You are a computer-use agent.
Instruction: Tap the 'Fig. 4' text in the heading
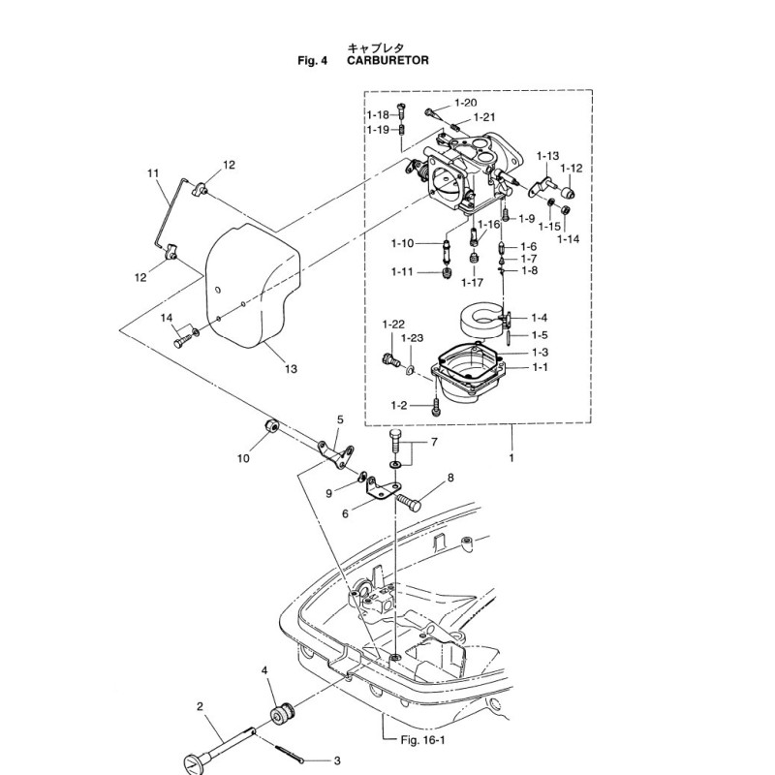click(316, 60)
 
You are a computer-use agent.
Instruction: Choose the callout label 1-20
click(465, 103)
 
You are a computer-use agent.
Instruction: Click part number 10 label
click(241, 457)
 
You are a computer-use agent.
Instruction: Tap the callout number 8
click(449, 479)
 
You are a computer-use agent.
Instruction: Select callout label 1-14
click(569, 238)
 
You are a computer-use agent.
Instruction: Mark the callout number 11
click(152, 173)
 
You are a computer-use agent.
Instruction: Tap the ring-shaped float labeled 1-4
click(477, 319)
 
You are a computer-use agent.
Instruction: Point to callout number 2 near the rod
click(201, 706)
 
